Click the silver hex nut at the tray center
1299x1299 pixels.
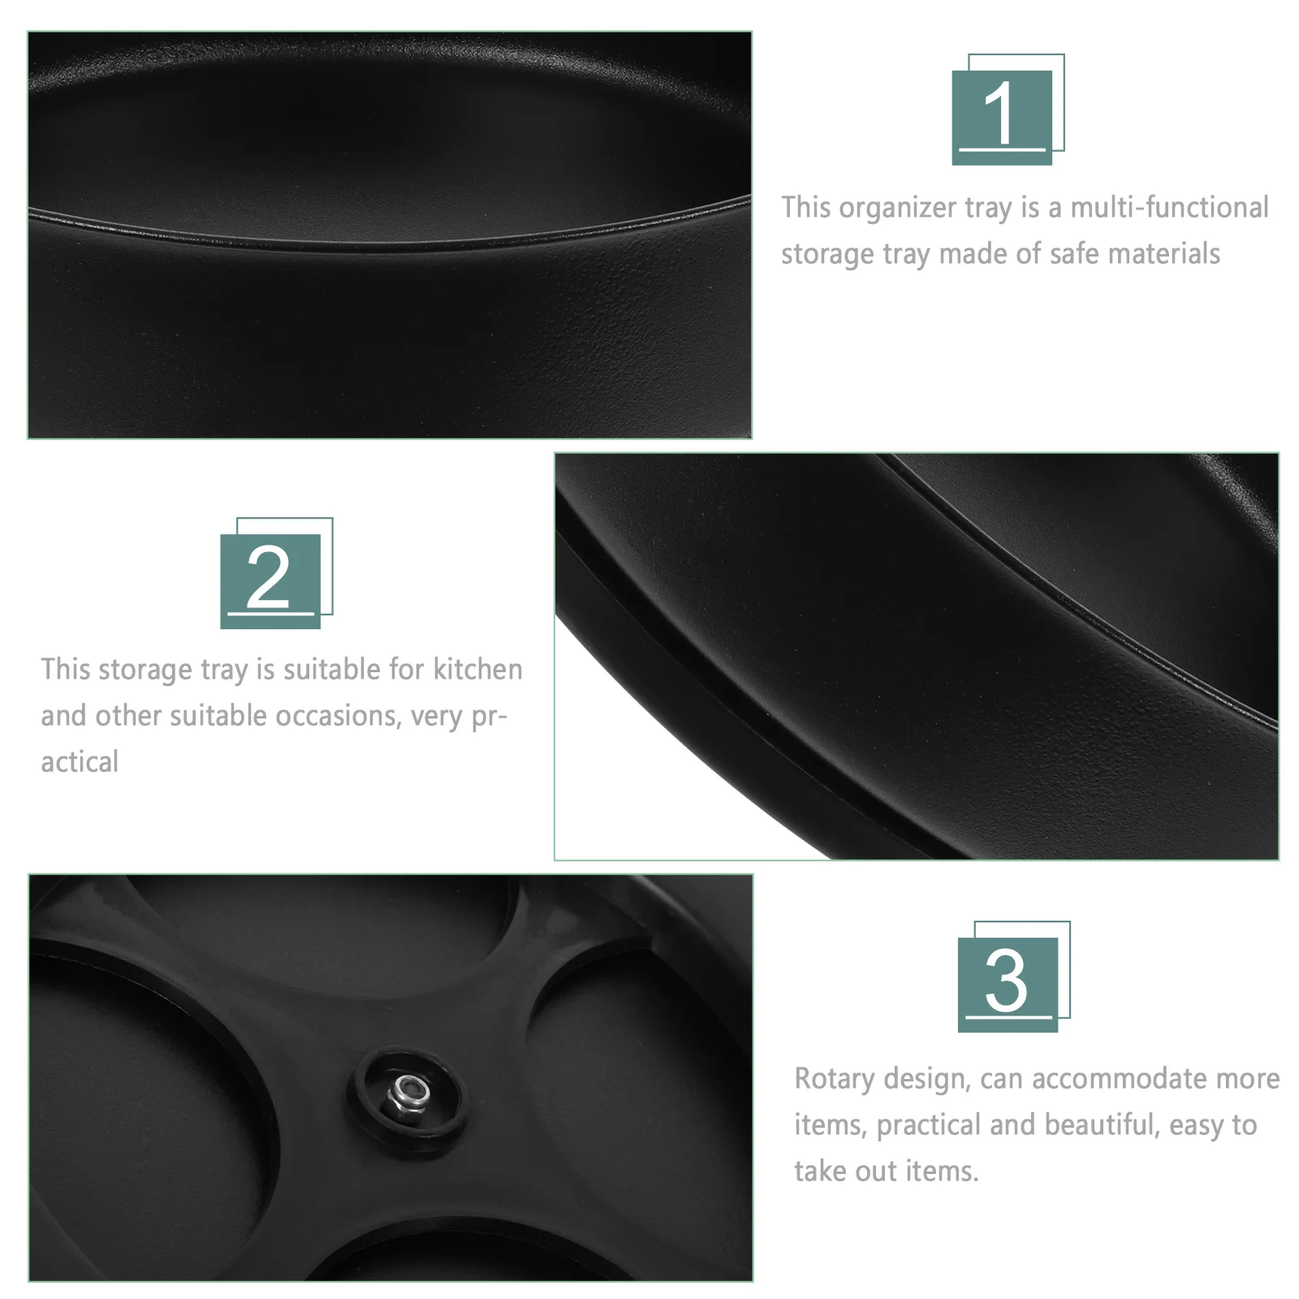(408, 1093)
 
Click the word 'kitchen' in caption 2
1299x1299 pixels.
(477, 670)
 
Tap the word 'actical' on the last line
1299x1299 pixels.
(80, 762)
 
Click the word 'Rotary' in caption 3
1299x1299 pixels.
(834, 1080)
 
